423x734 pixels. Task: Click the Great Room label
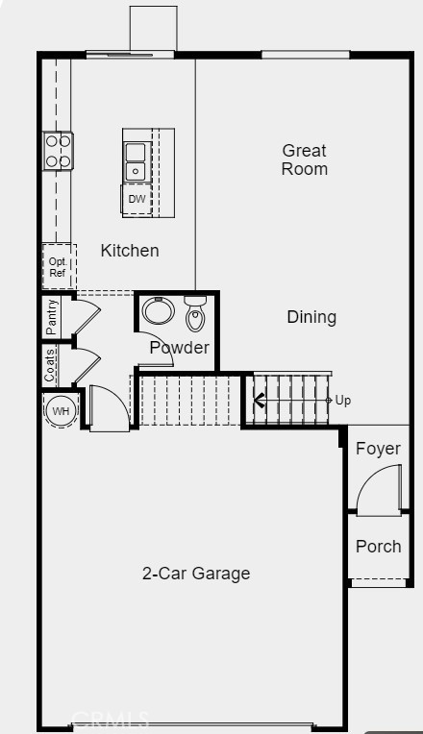click(304, 159)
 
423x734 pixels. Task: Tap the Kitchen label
click(130, 251)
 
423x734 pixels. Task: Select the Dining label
click(311, 317)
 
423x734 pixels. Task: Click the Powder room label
click(179, 348)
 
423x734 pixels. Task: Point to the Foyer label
click(378, 449)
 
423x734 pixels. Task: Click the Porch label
click(378, 546)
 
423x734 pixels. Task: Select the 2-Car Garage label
click(196, 574)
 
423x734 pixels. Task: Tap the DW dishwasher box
click(137, 200)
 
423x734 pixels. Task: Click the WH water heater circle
click(61, 411)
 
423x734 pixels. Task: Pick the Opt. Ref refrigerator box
click(58, 266)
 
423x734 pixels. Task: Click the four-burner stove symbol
click(58, 151)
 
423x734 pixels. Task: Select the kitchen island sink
click(136, 161)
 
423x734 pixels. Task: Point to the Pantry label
click(52, 317)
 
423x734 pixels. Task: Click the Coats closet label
click(50, 365)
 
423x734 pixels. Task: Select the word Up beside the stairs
click(343, 400)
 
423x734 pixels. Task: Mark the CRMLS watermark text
click(111, 718)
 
